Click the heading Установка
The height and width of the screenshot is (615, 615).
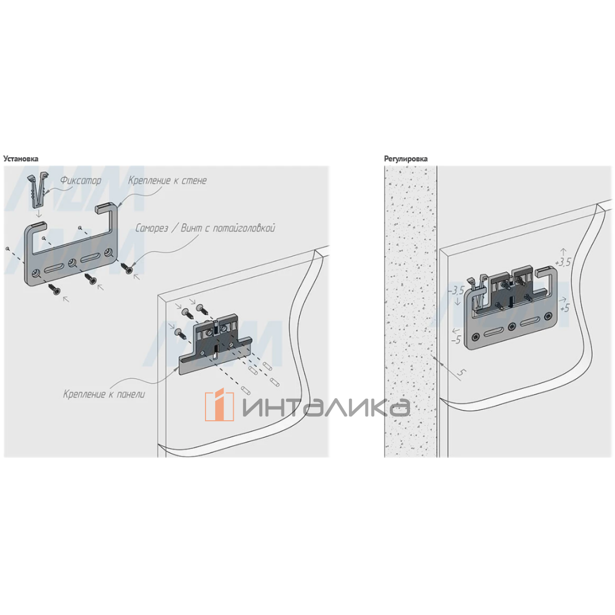(x=20, y=158)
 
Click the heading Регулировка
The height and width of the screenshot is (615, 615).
(x=405, y=158)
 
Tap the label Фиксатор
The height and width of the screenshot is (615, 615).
(x=80, y=181)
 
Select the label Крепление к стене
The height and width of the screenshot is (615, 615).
(x=168, y=180)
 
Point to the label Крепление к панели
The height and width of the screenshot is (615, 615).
(x=104, y=395)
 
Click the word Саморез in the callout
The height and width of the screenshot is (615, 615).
(x=152, y=228)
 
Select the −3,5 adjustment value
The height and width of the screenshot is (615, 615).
(x=456, y=291)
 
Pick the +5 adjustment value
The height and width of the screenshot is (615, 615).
(x=564, y=309)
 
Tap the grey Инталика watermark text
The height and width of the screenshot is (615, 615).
(x=325, y=406)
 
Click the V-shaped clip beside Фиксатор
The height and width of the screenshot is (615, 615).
(x=39, y=191)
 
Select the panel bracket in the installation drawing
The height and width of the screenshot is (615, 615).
(x=215, y=345)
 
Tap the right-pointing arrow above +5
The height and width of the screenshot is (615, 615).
(x=563, y=299)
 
